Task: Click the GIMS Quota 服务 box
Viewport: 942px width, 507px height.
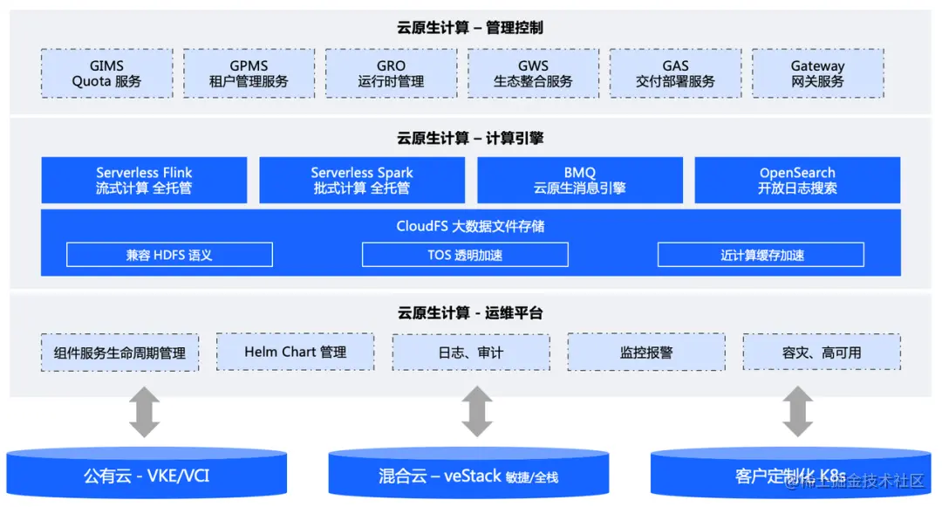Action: pos(106,73)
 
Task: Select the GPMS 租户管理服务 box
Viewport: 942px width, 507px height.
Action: pos(249,73)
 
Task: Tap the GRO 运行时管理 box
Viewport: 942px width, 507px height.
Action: pos(391,73)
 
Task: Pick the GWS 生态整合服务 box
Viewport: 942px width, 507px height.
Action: pos(533,73)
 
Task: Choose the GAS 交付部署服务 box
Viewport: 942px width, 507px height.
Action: pos(675,73)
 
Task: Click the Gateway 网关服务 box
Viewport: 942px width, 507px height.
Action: pos(817,73)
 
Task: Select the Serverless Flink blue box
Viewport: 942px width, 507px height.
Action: pos(144,180)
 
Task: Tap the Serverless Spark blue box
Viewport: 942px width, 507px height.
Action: pos(362,180)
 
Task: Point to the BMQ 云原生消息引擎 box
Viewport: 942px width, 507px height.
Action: pos(580,180)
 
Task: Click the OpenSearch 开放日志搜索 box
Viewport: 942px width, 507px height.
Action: pos(797,180)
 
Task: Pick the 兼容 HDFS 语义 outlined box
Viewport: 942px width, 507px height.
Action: pos(169,255)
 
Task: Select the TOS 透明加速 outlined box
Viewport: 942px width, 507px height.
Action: pos(465,255)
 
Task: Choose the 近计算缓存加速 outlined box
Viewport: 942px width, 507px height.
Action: pos(761,255)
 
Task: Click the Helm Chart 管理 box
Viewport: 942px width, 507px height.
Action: pos(295,352)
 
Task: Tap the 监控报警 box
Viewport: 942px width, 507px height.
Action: pos(646,353)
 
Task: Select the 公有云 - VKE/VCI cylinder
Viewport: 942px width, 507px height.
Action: pos(147,475)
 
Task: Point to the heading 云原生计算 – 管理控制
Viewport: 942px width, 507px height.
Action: pos(470,27)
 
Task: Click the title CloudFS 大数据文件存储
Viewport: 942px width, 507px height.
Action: pos(470,226)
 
